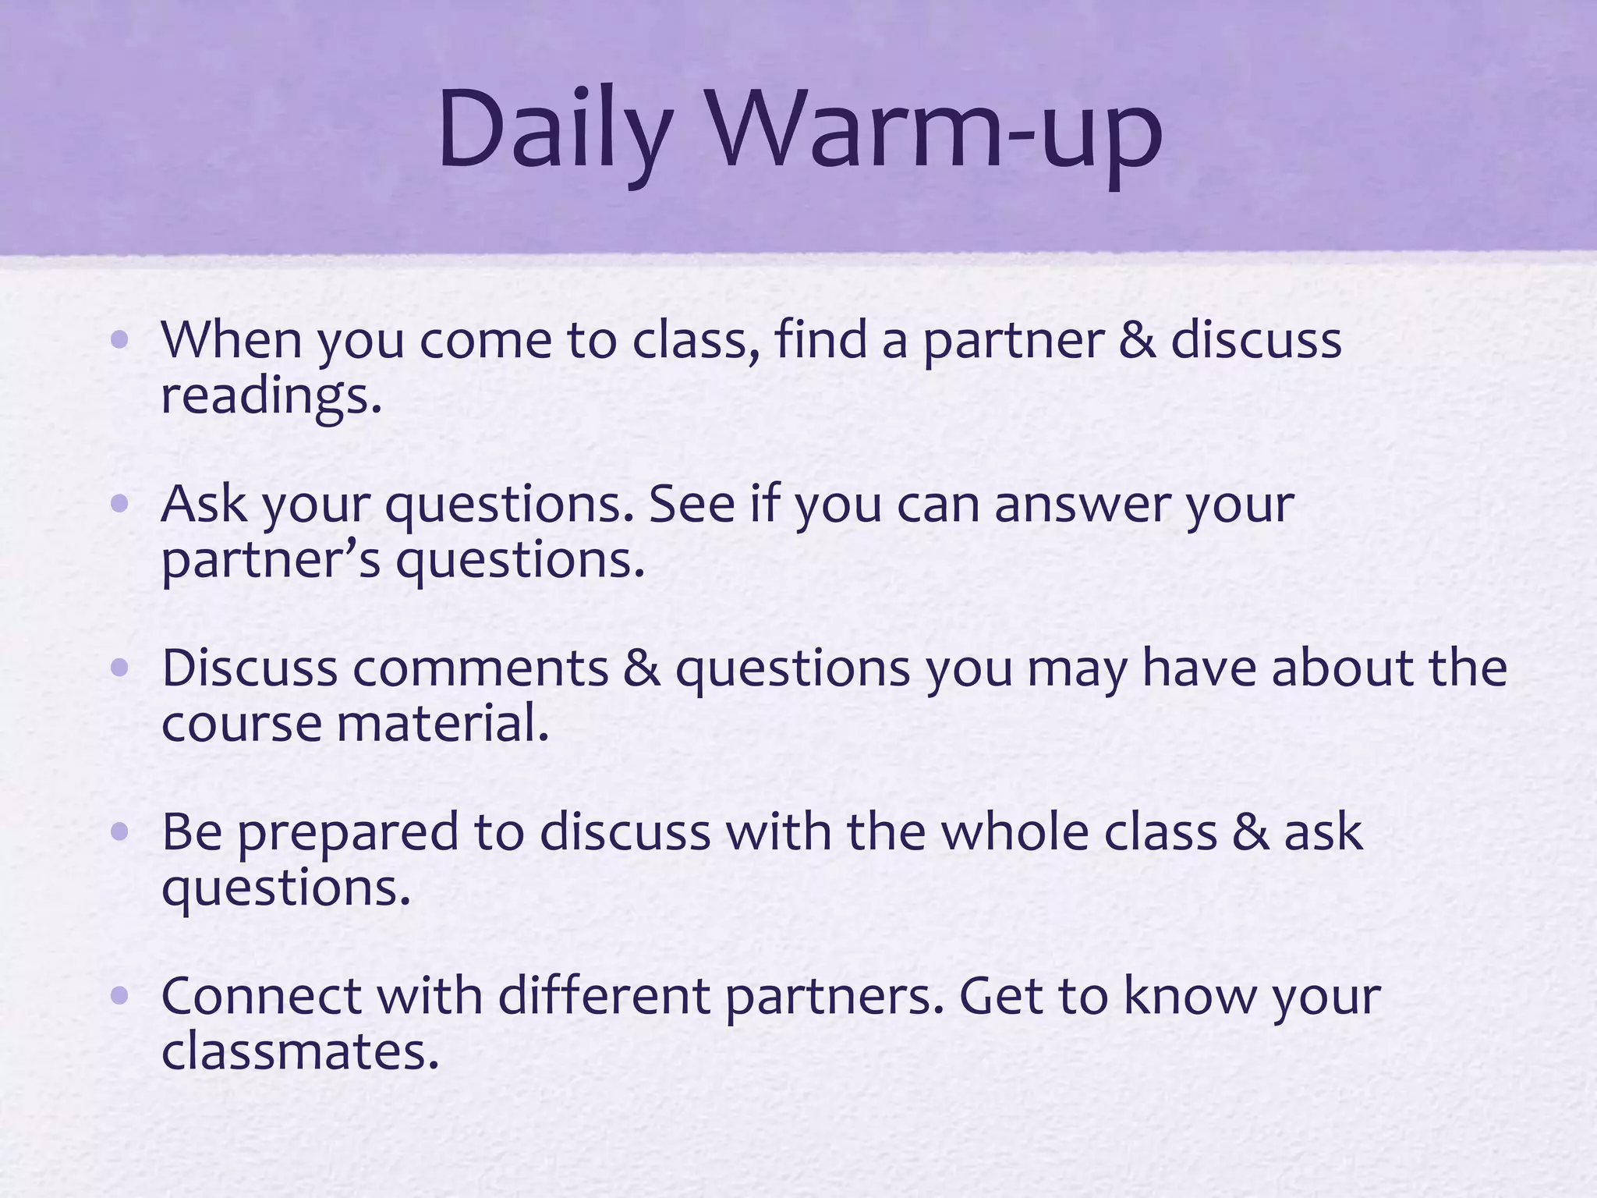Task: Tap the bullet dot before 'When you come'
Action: (x=119, y=340)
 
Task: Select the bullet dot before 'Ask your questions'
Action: (x=119, y=504)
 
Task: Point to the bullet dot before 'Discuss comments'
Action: (x=119, y=668)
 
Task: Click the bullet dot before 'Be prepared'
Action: (x=119, y=832)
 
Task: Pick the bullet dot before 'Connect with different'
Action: (x=119, y=996)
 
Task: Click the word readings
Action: (x=271, y=397)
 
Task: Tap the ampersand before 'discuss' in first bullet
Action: (x=1136, y=340)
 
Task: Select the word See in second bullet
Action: (x=692, y=504)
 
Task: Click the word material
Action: (x=443, y=724)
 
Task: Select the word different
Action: (x=604, y=996)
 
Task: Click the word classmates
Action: (x=300, y=1052)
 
